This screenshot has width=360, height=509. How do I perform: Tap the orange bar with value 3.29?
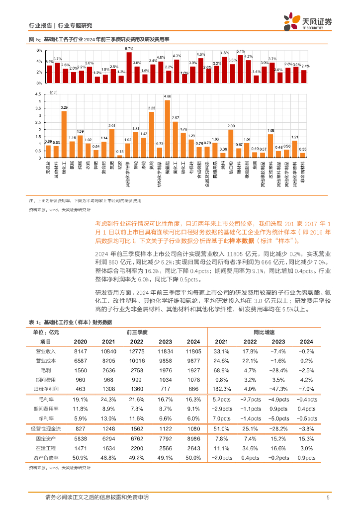point(64,134)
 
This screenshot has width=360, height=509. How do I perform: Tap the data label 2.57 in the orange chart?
point(176,118)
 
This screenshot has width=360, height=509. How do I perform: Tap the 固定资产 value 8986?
point(192,438)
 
